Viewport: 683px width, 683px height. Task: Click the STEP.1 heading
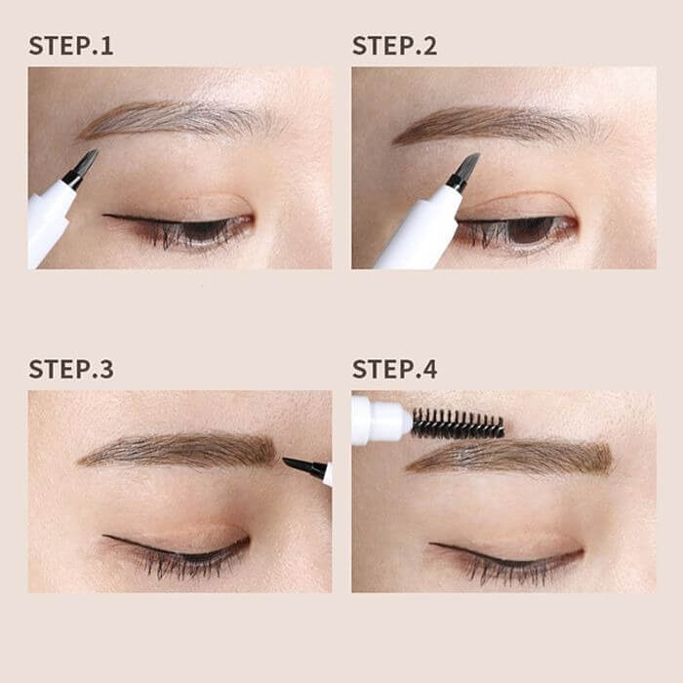(x=71, y=46)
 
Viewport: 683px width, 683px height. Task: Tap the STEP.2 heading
(x=394, y=46)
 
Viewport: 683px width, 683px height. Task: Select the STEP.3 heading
(x=71, y=369)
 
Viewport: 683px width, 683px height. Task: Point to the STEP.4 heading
(x=394, y=369)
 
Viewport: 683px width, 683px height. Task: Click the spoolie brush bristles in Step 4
(x=458, y=422)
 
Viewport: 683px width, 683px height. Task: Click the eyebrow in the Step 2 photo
(x=501, y=124)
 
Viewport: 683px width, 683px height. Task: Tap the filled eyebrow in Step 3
(x=178, y=451)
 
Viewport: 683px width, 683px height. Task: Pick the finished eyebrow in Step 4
(x=509, y=458)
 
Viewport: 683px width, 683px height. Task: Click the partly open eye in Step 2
(x=518, y=231)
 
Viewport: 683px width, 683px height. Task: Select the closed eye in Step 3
(x=177, y=552)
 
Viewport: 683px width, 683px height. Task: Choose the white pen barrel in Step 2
(x=419, y=231)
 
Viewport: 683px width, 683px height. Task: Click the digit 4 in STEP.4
(x=429, y=369)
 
